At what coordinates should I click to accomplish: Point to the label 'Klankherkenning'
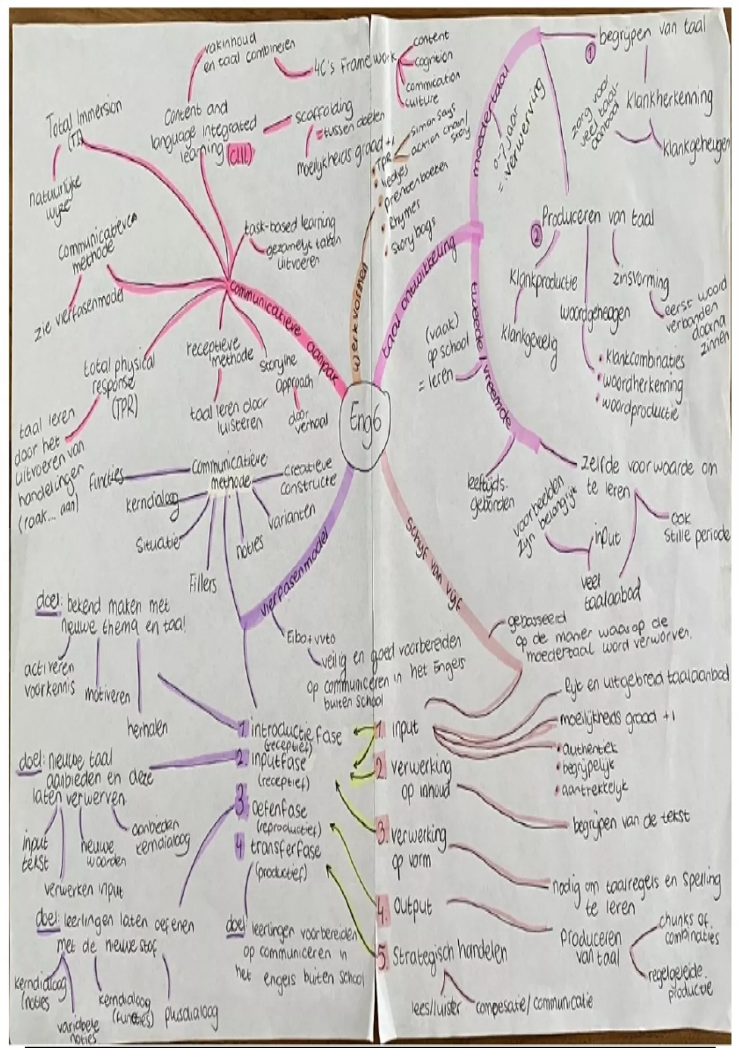click(668, 99)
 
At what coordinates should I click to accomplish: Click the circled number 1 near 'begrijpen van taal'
click(590, 54)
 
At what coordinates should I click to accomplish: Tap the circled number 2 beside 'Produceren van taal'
click(535, 234)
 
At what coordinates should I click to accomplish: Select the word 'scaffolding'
click(324, 113)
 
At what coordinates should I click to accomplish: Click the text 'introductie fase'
click(296, 732)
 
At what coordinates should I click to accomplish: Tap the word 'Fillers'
click(203, 582)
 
